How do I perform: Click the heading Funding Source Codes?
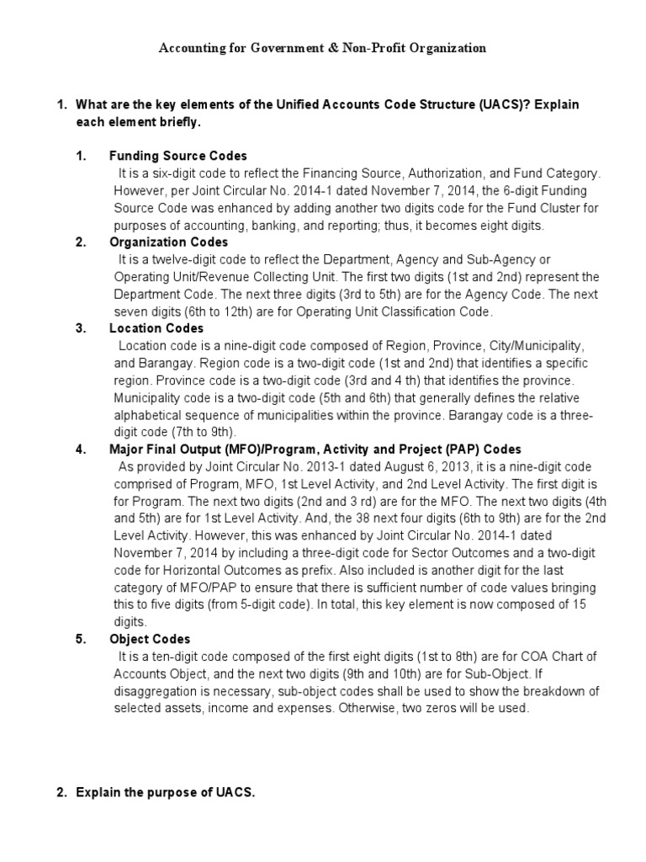(x=178, y=157)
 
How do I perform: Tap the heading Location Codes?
(x=156, y=328)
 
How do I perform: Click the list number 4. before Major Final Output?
(x=81, y=450)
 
